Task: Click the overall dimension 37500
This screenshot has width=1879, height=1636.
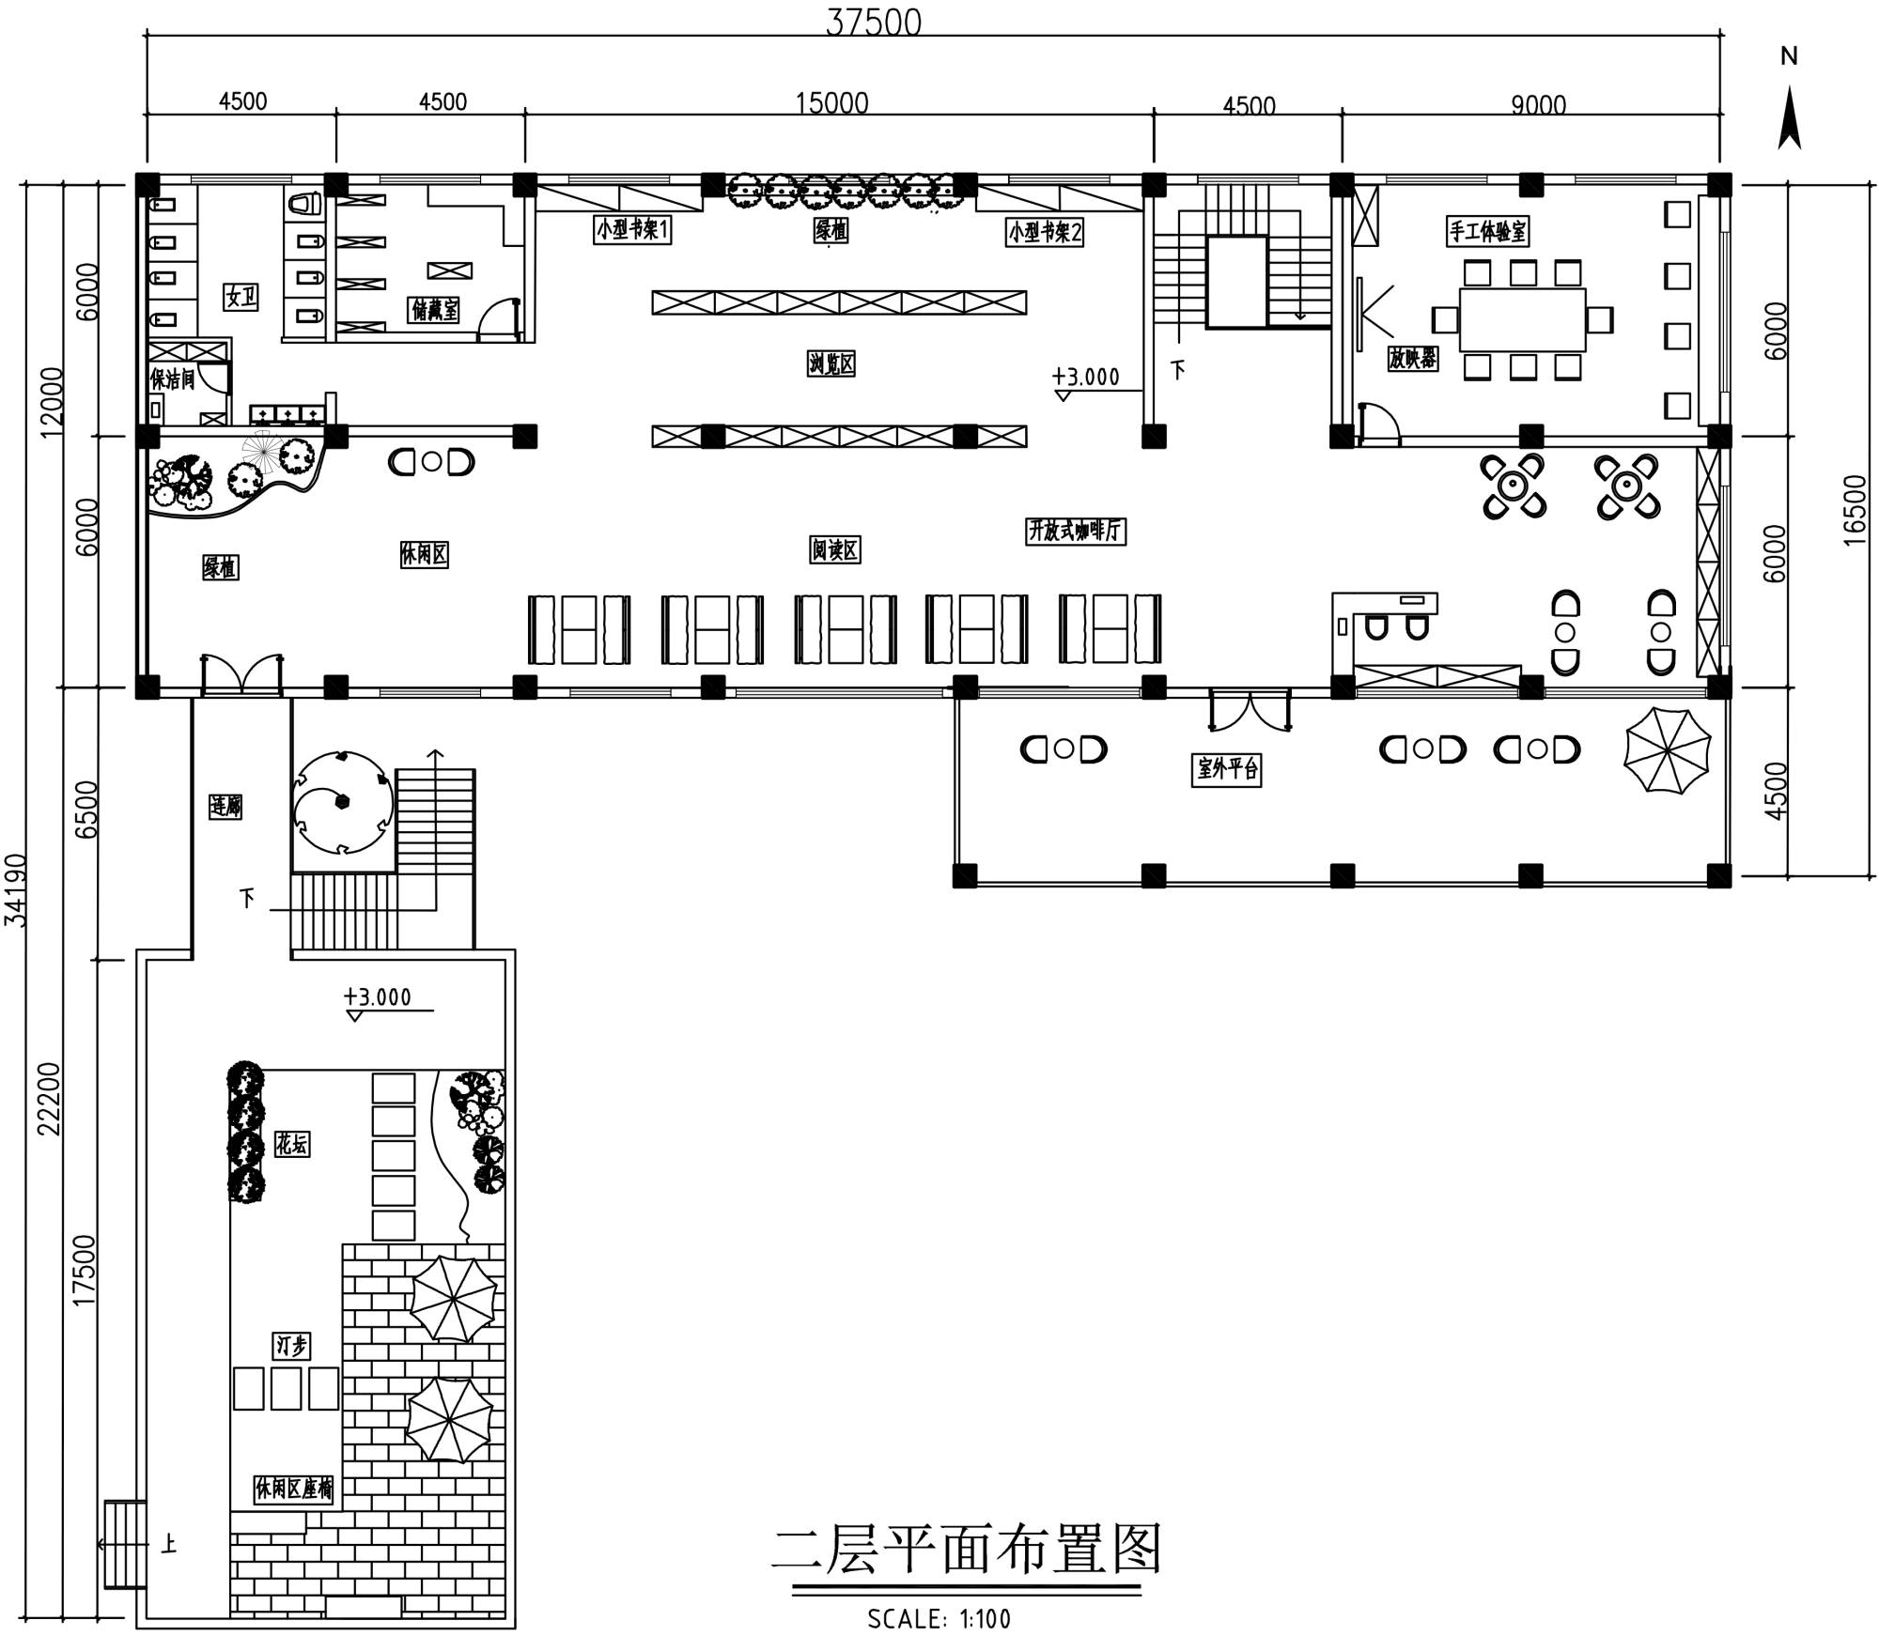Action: point(873,22)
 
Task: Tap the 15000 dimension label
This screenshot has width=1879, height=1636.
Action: point(831,102)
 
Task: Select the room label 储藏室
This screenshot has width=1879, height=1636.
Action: point(435,309)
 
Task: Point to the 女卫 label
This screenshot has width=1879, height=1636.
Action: point(241,297)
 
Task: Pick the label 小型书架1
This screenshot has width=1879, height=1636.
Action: point(632,230)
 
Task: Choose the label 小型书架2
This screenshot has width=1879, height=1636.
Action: point(1045,231)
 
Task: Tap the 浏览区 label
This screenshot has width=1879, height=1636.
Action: point(831,363)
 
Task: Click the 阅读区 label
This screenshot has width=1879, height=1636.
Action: point(835,549)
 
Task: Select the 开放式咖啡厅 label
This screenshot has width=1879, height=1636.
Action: point(1075,531)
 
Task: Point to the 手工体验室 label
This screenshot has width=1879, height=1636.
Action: point(1487,230)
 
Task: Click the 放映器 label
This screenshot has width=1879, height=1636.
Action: point(1412,358)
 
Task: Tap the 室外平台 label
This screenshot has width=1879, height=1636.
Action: point(1227,770)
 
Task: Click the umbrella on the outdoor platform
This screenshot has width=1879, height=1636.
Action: point(1668,750)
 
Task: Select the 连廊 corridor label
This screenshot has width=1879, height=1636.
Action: point(225,806)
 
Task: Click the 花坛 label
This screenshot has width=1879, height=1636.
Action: point(292,1144)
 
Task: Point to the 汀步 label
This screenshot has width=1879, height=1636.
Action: point(292,1347)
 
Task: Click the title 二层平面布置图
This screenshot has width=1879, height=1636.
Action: point(967,1549)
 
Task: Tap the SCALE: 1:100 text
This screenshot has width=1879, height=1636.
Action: point(939,1618)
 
